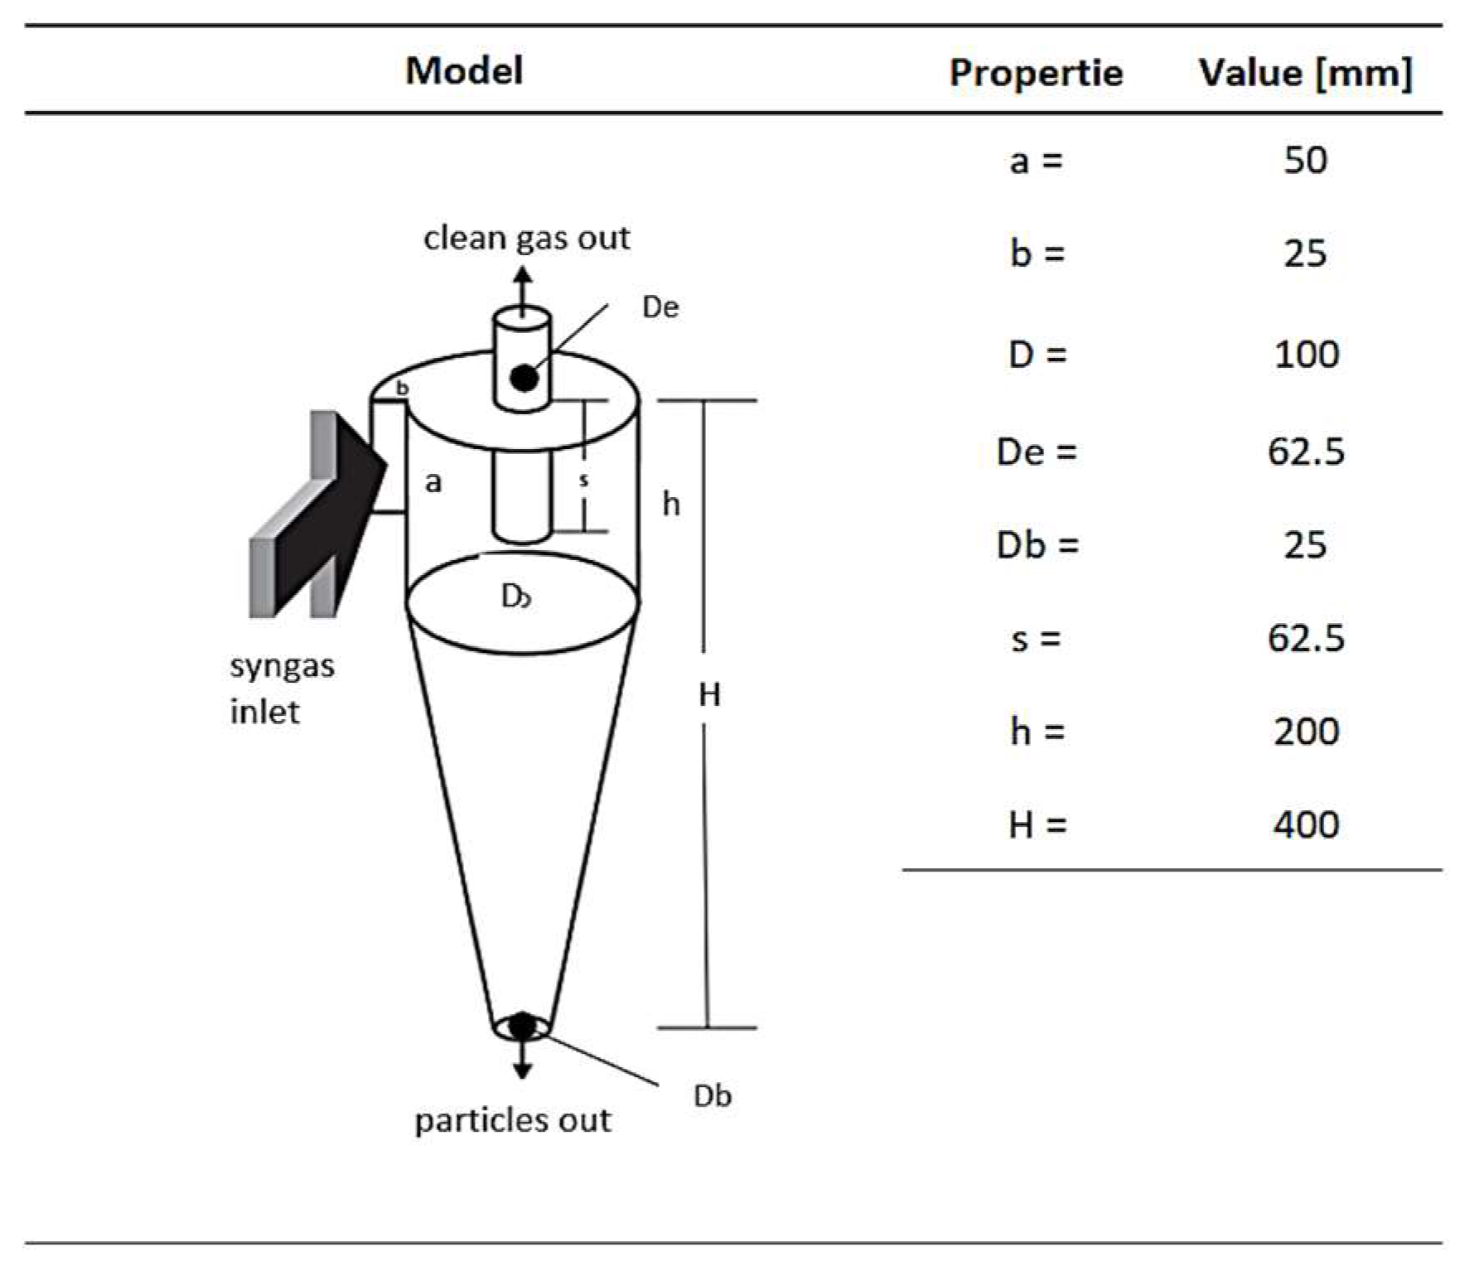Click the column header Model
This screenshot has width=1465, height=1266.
point(464,70)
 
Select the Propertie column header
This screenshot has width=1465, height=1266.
point(1036,73)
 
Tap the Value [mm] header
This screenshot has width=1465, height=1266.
point(1305,73)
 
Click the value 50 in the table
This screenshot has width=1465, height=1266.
point(1305,160)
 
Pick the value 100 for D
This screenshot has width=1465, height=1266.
point(1306,355)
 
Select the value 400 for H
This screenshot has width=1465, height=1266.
point(1306,825)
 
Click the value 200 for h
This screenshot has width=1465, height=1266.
point(1306,732)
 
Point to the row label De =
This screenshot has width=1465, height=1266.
point(1037,452)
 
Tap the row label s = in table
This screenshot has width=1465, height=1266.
point(1036,639)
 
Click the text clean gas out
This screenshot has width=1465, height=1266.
point(526,239)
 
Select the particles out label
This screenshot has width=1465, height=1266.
point(513,1121)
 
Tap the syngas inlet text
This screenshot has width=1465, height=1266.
point(282,689)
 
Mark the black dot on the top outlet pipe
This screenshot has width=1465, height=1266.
point(524,378)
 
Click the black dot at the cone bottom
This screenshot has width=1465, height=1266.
point(522,1027)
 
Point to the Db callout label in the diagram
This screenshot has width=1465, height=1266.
point(713,1096)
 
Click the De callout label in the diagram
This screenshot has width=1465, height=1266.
point(660,307)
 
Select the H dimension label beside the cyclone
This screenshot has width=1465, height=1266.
point(709,694)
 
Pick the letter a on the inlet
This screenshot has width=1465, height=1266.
point(433,482)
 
